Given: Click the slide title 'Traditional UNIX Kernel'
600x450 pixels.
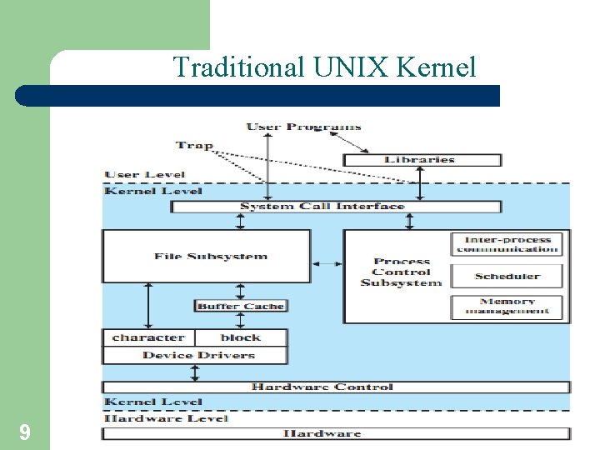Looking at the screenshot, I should tap(324, 67).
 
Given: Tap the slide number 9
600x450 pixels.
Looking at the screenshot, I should tap(25, 432).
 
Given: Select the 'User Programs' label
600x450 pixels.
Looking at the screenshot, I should tap(303, 127).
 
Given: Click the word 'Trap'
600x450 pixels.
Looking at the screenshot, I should tap(194, 145).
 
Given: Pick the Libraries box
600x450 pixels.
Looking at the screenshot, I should tap(422, 159).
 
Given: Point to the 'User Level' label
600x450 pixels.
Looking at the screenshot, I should tap(145, 175).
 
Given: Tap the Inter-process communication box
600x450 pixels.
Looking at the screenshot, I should tap(507, 243).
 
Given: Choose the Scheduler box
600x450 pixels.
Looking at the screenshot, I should tap(507, 276).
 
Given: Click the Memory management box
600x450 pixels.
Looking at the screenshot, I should tap(507, 307).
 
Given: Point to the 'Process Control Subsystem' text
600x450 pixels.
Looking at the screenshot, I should tap(401, 272).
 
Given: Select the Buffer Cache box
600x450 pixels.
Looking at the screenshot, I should tap(240, 306).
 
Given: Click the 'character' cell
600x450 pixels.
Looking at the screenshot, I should tap(148, 337).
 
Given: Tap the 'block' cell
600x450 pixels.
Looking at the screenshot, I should tap(241, 337).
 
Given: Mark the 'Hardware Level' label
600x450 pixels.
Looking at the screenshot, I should tap(166, 417).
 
